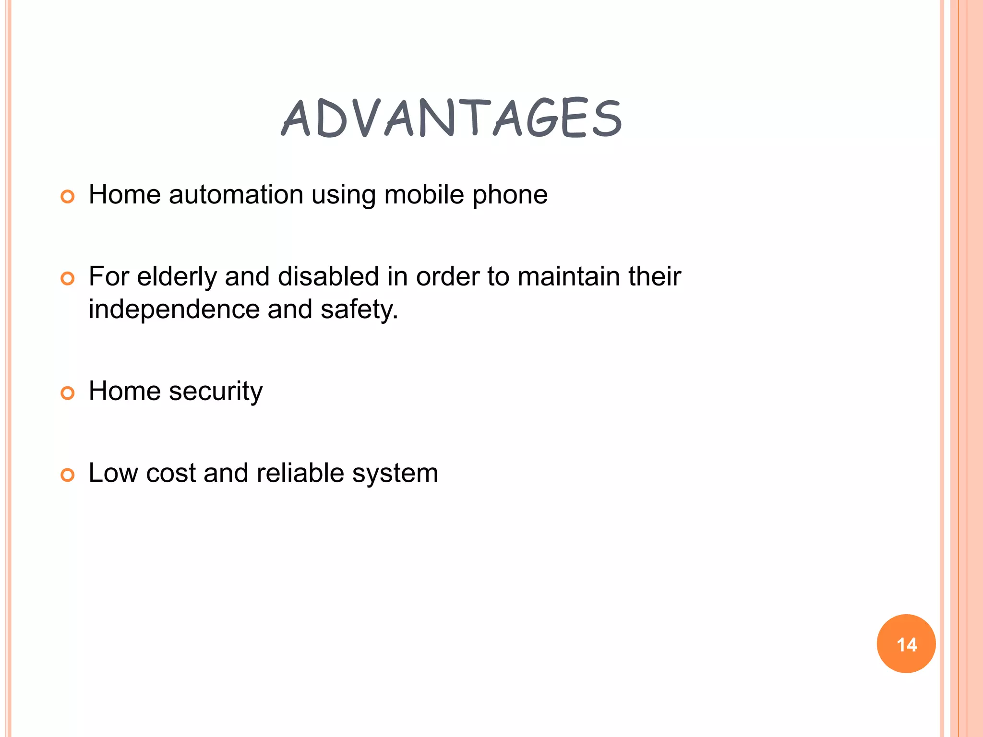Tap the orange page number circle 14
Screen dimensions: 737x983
click(x=906, y=643)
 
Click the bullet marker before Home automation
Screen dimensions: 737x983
click(x=68, y=197)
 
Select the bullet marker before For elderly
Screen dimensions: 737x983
click(x=68, y=278)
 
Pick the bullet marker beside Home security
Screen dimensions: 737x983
click(x=68, y=393)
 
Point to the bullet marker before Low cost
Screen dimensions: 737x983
click(x=68, y=475)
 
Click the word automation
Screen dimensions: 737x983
click(x=236, y=195)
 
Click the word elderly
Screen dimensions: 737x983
click(x=177, y=277)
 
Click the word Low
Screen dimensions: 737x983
click(x=114, y=473)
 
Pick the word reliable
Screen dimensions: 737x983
click(x=300, y=473)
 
